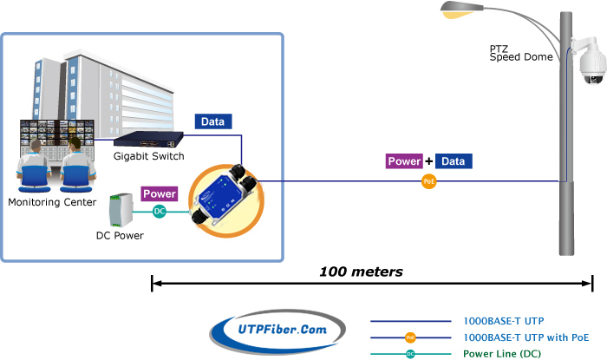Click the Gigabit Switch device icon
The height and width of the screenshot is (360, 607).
148,140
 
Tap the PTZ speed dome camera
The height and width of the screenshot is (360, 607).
590,61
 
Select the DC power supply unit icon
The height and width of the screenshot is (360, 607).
121,210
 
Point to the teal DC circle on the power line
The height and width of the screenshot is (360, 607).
159,212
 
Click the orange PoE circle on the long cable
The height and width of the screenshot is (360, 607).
429,181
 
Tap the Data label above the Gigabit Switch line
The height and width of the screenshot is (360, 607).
213,121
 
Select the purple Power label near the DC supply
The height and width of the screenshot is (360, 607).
160,193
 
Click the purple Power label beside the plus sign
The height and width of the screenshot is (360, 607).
404,161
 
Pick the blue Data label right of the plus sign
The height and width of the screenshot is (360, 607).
454,161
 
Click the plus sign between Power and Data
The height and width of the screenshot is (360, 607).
429,161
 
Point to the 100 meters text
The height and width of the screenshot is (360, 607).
362,272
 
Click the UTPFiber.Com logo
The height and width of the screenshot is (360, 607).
277,331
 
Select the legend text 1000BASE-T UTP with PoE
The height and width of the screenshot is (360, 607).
526,337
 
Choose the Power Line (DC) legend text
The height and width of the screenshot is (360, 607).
502,354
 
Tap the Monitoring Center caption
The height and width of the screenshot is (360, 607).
52,202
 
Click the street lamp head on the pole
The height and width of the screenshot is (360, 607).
461,10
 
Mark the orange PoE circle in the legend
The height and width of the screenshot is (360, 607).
410,337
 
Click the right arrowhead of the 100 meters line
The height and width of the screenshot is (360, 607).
588,284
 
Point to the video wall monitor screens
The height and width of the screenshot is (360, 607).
57,133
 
